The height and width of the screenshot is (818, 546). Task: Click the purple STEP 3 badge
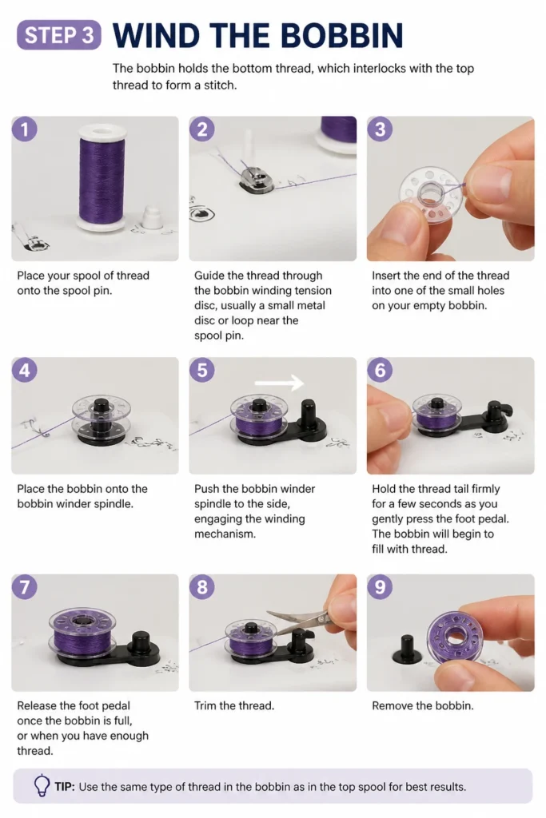[x=59, y=35]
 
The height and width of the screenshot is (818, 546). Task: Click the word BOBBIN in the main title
[x=342, y=35]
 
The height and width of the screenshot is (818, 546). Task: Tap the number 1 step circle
[x=25, y=129]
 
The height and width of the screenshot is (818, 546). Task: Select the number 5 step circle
[x=202, y=370]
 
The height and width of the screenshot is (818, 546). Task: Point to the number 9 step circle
[x=380, y=587]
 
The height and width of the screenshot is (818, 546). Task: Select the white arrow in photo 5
[x=279, y=383]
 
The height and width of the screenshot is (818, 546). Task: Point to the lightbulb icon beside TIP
[x=42, y=786]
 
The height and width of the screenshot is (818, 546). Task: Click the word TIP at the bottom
[x=65, y=787]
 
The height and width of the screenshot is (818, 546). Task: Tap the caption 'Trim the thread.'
[x=234, y=706]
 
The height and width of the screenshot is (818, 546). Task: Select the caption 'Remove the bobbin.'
[x=423, y=706]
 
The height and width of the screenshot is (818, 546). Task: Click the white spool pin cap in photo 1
[x=152, y=217]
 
